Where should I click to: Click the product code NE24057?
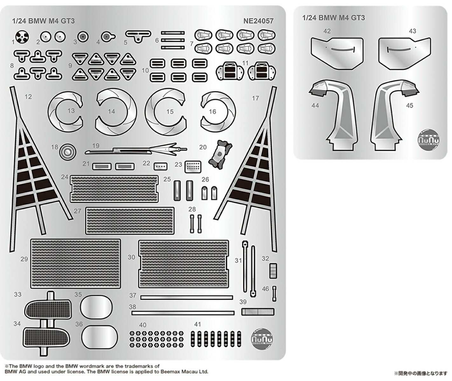pyautogui.click(x=258, y=21)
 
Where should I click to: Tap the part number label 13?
pyautogui.click(x=71, y=110)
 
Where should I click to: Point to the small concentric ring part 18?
pyautogui.click(x=67, y=152)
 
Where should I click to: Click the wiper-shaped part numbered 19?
pyautogui.click(x=137, y=149)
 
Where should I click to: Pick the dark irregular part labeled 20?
pyautogui.click(x=220, y=153)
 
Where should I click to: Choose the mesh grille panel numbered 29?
pyautogui.click(x=76, y=264)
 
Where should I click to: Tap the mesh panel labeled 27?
pyautogui.click(x=130, y=221)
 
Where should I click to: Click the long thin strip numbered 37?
pyautogui.click(x=186, y=298)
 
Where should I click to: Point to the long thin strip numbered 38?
pyautogui.click(x=183, y=313)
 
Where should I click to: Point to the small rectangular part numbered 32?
pyautogui.click(x=273, y=271)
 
